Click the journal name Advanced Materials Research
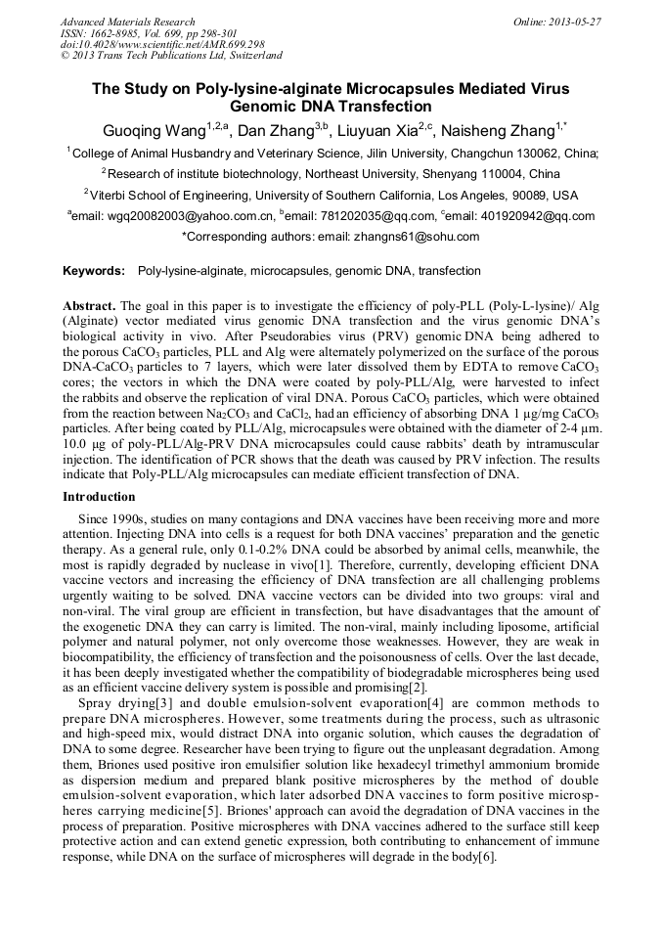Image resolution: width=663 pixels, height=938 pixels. [127, 22]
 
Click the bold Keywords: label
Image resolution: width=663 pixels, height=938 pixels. [94, 271]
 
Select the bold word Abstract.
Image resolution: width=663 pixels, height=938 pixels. [91, 305]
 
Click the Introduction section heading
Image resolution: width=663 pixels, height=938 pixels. [99, 497]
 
